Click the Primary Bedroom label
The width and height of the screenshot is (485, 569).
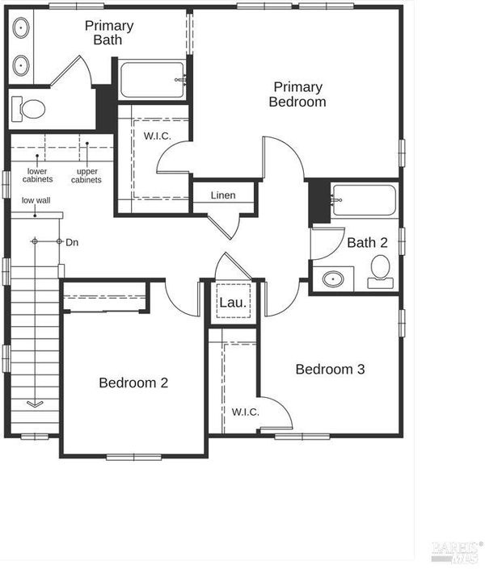(297, 94)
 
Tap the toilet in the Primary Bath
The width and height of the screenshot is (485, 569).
(28, 108)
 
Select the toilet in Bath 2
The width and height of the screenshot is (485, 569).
(380, 272)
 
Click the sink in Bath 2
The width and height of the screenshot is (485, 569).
(333, 279)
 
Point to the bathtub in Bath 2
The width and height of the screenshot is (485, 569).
(365, 200)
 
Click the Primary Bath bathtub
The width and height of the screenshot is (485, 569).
(152, 80)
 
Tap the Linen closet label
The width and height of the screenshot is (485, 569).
(223, 195)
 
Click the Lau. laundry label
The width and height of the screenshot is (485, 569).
(233, 303)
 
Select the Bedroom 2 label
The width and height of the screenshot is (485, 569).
(133, 383)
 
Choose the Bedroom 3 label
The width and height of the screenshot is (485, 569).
(330, 369)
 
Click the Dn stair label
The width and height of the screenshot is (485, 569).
(72, 242)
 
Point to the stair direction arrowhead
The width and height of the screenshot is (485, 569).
(35, 404)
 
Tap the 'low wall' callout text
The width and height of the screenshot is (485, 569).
(36, 200)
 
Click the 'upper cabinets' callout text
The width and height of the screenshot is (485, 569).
(86, 175)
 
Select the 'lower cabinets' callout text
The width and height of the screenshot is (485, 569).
(37, 175)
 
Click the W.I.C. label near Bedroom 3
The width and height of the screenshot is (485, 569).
(246, 412)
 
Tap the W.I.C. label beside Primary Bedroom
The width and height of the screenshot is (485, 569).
(157, 136)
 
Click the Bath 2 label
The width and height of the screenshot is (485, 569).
(367, 242)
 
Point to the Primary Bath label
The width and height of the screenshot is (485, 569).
(109, 32)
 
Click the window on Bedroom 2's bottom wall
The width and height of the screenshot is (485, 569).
(134, 457)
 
